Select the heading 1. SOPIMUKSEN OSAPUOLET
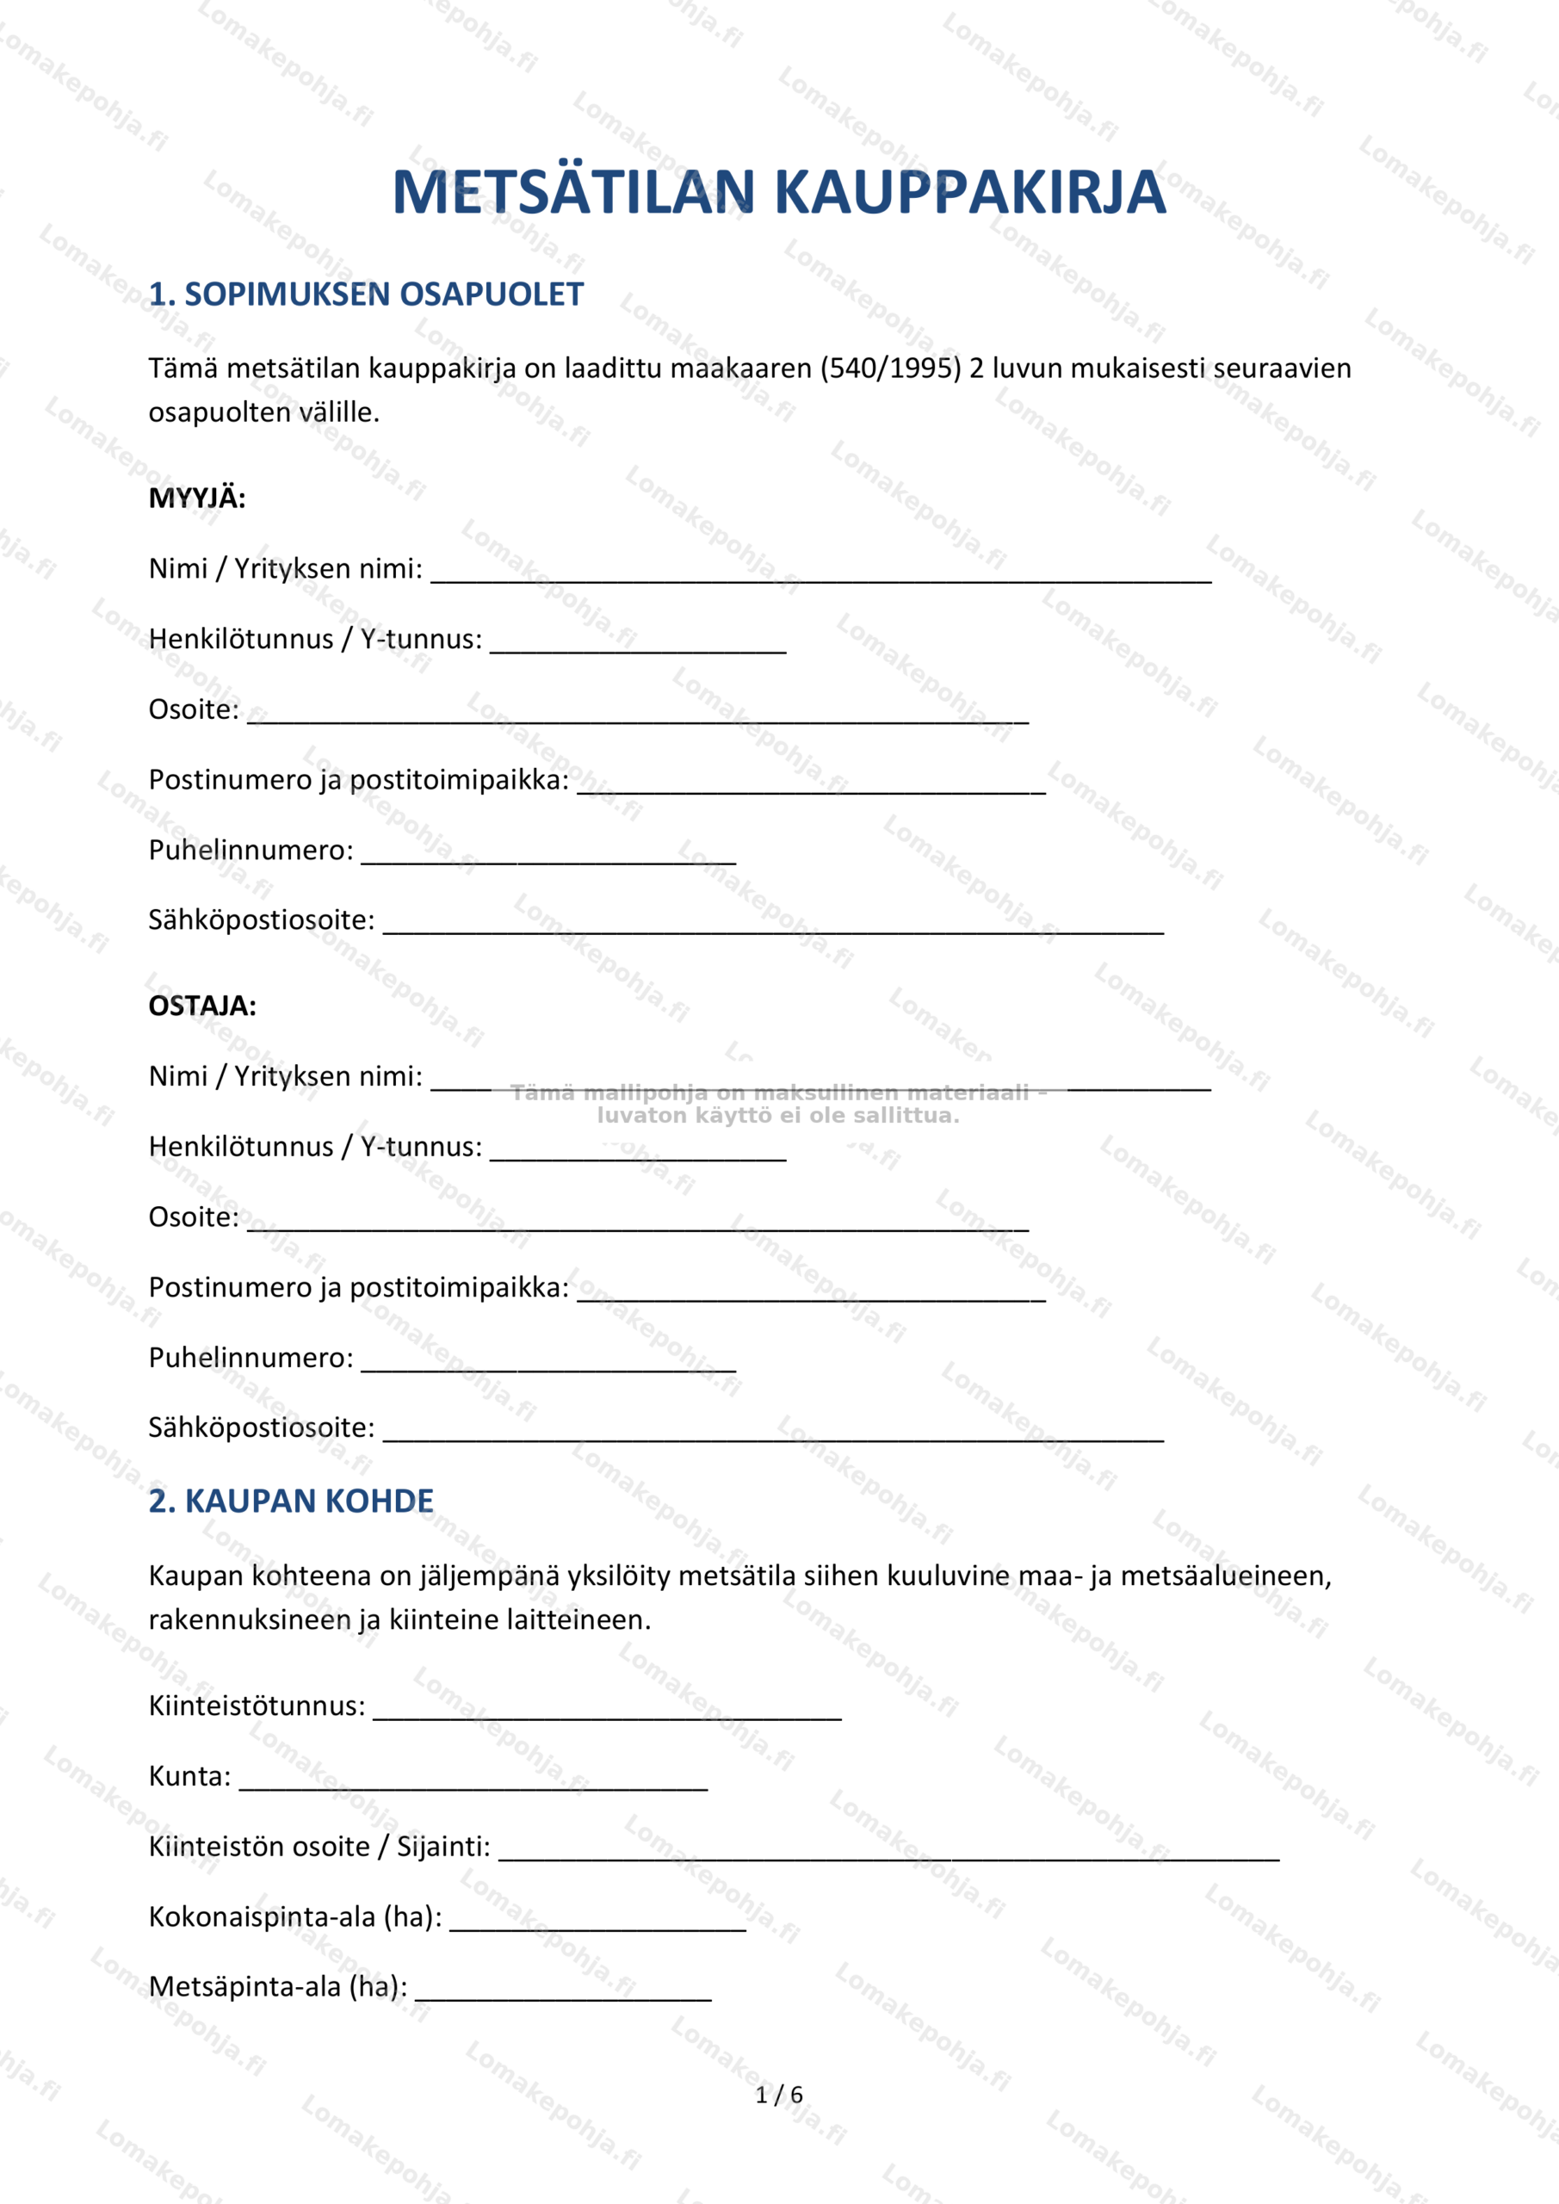click(366, 294)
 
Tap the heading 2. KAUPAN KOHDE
click(291, 1501)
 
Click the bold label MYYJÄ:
click(197, 498)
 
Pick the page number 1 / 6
click(778, 2095)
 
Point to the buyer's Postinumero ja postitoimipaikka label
click(358, 1287)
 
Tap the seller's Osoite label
click(193, 709)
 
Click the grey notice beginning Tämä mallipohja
click(777, 1104)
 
